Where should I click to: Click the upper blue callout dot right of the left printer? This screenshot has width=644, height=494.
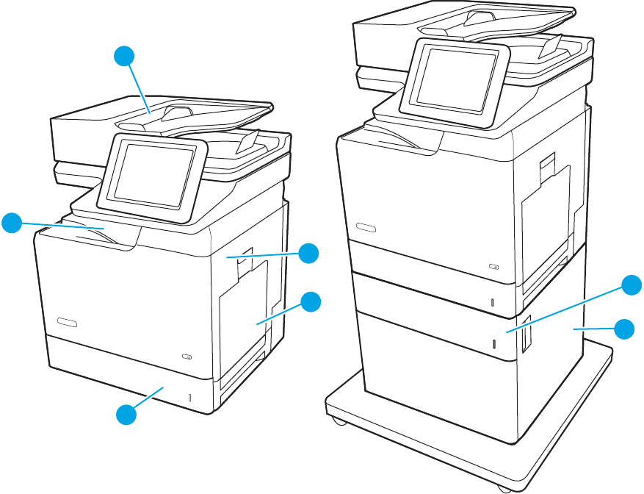click(x=309, y=253)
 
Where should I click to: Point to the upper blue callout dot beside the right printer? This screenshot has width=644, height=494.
click(x=631, y=285)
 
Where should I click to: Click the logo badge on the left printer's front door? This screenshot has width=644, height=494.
click(x=66, y=322)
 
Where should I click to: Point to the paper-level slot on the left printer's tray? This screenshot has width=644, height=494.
click(x=189, y=398)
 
